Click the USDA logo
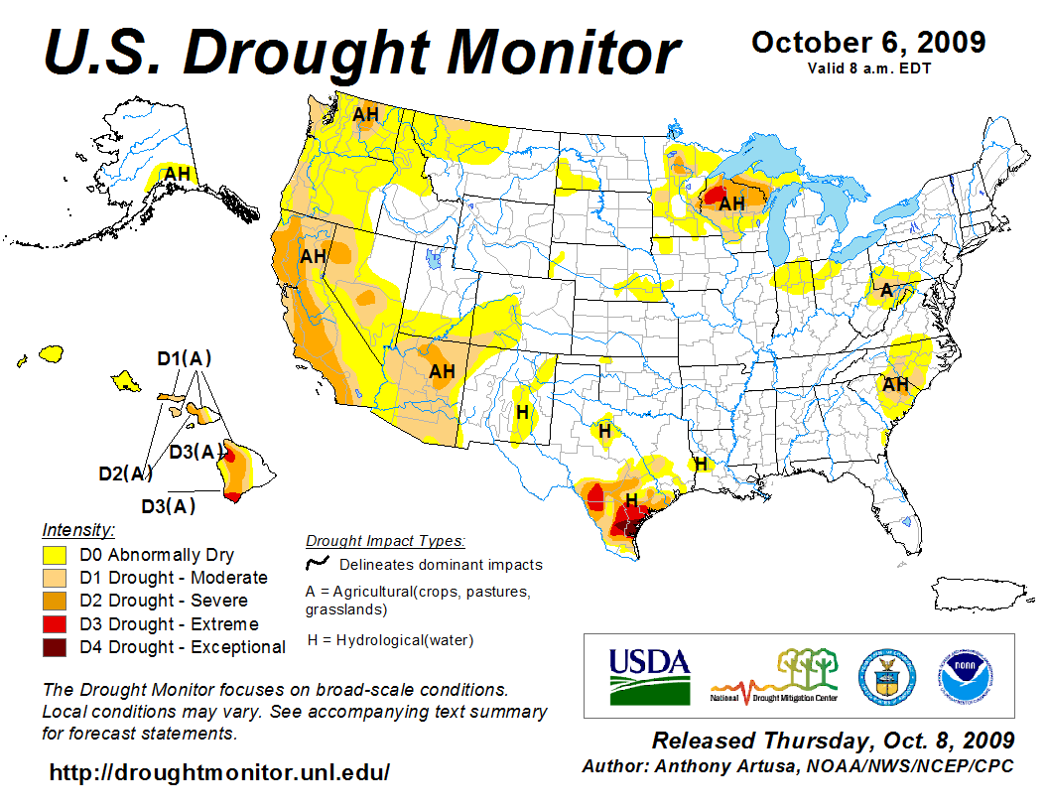(x=649, y=675)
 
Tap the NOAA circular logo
(x=963, y=675)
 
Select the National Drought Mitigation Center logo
(x=774, y=675)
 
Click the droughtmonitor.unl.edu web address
(x=219, y=772)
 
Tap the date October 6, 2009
(x=868, y=43)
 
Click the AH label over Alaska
(x=178, y=174)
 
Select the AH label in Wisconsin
(x=731, y=203)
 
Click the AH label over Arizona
(x=442, y=372)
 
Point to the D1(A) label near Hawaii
(x=185, y=358)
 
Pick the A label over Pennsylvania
(x=887, y=290)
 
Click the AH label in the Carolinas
(x=896, y=384)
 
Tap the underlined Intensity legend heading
(x=78, y=530)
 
